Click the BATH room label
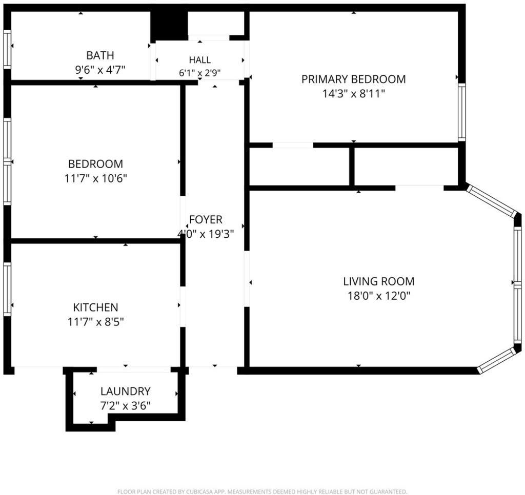100,55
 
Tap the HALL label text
200,60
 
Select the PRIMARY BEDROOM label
354,79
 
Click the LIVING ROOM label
379,281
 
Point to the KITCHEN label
95,307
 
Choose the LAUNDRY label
126,391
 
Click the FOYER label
206,219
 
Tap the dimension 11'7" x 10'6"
96,178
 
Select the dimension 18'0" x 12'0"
379,296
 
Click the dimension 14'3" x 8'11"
354,94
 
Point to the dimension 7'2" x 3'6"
126,406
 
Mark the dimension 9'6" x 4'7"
100,70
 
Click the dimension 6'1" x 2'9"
200,73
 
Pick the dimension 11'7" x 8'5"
96,322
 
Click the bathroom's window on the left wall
7,49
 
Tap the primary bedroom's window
462,112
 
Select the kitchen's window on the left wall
7,289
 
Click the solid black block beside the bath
169,26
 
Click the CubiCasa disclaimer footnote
262,491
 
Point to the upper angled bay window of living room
492,201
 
